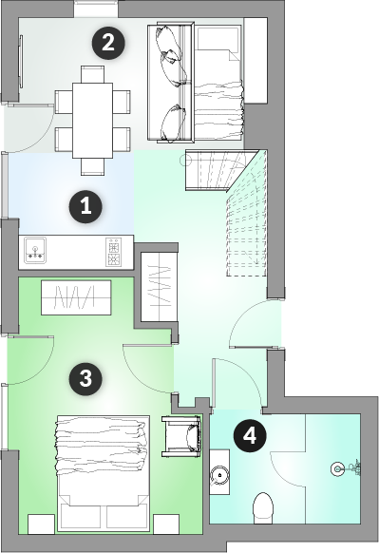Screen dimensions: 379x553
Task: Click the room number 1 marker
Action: coord(85,207)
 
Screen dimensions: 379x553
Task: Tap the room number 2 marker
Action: coord(108,43)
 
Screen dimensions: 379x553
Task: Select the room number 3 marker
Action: coord(85,378)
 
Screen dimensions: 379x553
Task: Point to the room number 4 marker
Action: coord(250,436)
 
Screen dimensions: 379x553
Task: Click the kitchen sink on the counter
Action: coord(35,250)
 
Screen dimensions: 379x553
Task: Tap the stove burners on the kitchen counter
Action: coord(114,252)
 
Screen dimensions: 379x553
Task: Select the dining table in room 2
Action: coord(93,121)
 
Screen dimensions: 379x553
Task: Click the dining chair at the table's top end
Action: coord(92,74)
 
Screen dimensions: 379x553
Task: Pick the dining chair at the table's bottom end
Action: coord(92,166)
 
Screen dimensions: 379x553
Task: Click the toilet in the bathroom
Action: coord(263,507)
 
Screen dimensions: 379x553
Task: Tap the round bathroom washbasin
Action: coord(219,475)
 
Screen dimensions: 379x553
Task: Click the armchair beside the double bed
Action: coord(181,436)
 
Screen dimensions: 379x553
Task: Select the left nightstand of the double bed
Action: coord(41,524)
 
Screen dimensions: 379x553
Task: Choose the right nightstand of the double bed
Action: coord(166,524)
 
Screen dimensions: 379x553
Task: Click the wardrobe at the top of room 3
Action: coord(76,297)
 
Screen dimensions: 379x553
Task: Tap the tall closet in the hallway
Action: coord(159,286)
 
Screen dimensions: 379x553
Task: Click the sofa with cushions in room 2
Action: coord(171,83)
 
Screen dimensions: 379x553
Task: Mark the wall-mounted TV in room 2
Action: coord(21,62)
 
